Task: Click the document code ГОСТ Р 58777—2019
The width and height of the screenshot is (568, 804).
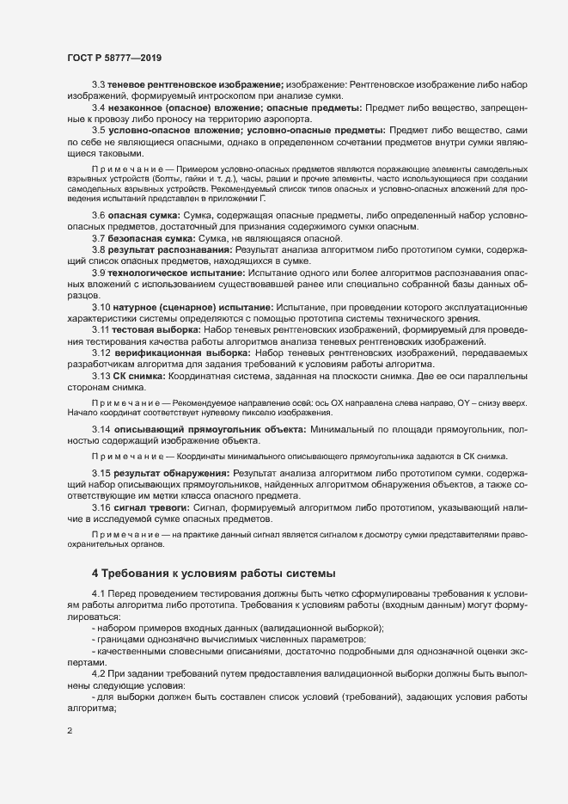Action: pos(115,58)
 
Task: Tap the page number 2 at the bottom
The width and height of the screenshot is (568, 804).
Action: pos(70,732)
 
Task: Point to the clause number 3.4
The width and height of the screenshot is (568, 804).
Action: pos(98,108)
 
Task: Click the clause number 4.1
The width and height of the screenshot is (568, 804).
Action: pos(98,593)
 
